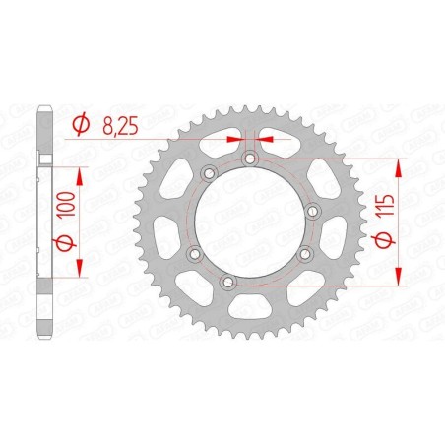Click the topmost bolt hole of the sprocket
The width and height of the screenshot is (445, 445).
click(250, 158)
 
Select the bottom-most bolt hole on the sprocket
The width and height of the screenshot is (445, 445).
click(228, 283)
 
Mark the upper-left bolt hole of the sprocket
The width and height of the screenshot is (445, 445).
click(208, 173)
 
